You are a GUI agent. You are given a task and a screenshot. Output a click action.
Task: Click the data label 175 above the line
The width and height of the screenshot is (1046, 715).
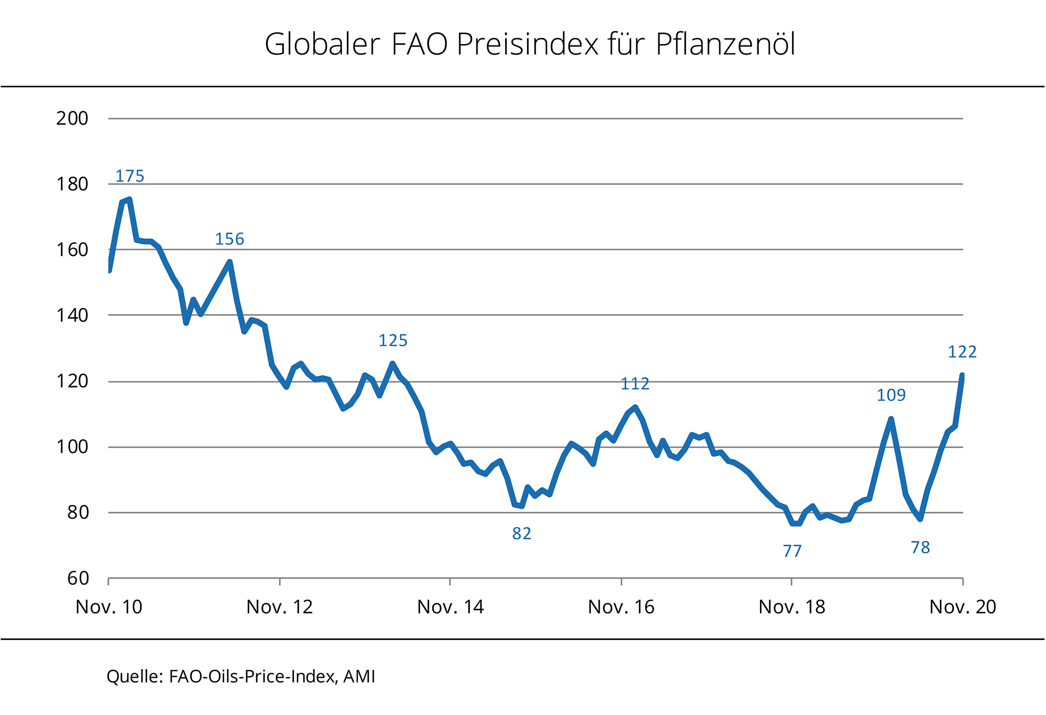130,176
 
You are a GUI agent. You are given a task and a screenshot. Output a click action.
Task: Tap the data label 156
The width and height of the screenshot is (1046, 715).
229,239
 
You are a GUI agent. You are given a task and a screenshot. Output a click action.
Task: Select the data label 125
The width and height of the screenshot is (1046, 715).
393,341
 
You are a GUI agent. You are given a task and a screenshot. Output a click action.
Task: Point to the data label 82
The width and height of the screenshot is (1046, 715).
521,534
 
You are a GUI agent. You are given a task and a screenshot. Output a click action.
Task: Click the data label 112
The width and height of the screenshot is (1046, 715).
635,384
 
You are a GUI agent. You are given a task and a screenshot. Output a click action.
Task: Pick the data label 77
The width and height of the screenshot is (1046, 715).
792,551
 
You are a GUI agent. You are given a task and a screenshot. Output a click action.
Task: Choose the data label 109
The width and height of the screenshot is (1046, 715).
891,395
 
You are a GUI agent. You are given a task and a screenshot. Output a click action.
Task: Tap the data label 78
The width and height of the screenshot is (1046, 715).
920,547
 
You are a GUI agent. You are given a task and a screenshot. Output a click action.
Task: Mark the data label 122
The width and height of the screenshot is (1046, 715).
962,352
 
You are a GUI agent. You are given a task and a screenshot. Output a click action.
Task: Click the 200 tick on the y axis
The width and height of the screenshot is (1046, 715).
72,118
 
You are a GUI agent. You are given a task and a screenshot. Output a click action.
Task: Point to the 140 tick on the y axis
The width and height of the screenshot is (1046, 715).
72,316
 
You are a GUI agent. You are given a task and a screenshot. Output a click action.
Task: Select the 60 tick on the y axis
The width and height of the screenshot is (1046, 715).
78,579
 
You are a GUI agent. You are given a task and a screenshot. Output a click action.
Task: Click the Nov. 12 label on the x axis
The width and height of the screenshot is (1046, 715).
279,607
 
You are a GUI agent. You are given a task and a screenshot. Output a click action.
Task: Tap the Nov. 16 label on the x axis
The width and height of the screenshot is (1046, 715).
621,607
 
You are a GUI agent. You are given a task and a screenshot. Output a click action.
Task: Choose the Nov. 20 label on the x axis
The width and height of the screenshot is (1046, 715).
963,607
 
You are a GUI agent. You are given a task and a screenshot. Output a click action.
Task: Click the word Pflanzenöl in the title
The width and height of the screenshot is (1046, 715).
725,45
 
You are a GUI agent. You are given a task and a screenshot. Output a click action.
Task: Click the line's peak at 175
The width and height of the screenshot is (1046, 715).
130,199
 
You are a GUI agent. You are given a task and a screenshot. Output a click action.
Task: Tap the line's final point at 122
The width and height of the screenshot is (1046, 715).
962,375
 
